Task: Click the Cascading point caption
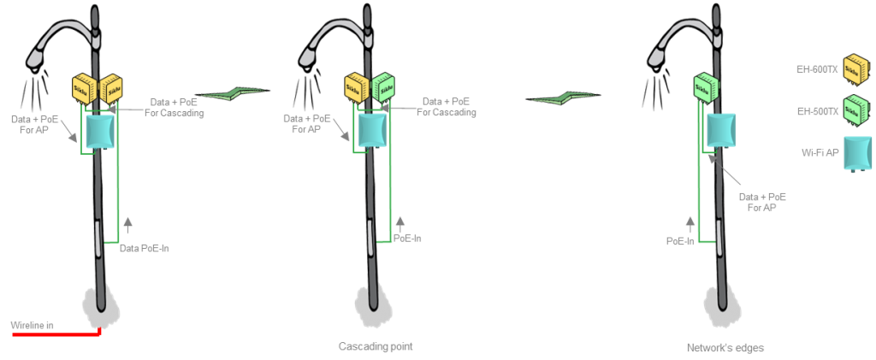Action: (370, 346)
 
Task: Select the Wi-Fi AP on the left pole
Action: (100, 130)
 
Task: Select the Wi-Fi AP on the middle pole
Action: (373, 130)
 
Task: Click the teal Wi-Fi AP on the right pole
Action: (721, 130)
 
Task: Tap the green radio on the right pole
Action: (704, 86)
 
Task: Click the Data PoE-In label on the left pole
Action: (150, 248)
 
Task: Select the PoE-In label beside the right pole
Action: (680, 240)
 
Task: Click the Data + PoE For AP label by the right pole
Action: (762, 202)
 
